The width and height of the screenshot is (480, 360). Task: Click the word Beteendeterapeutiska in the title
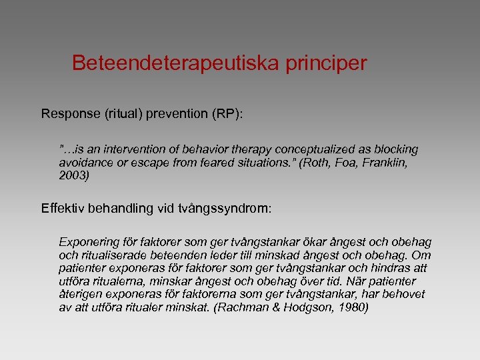177,63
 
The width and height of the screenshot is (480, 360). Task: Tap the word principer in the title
327,63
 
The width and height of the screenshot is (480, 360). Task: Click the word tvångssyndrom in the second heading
229,208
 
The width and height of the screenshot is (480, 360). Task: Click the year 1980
353,308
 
